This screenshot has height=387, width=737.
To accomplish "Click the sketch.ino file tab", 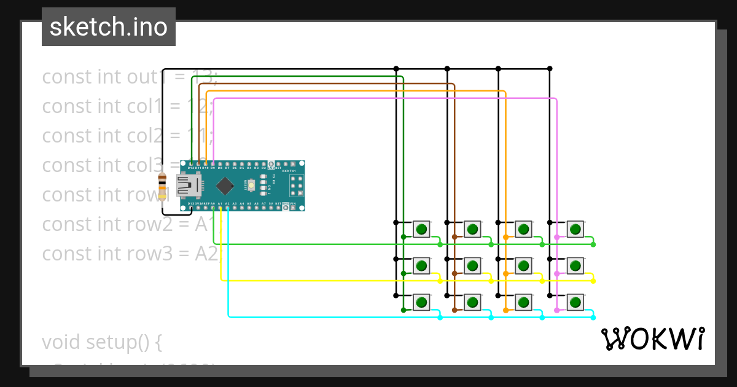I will coord(109,27).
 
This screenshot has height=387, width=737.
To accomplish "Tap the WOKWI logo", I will coord(652,339).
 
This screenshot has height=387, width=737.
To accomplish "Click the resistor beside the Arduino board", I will coord(162,187).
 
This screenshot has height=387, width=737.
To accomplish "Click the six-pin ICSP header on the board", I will coord(296,185).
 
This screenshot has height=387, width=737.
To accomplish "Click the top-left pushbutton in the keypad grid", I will coord(421,230).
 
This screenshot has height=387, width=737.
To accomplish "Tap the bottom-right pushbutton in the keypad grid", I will coord(575,302).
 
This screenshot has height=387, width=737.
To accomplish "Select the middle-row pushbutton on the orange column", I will coord(523,265).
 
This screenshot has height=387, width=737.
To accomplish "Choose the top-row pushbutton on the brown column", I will coord(472,230).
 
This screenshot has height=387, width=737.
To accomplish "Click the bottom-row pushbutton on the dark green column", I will coord(421,302).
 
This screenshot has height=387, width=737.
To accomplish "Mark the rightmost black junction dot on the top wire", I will coord(550,68).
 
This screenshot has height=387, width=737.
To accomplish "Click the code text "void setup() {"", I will coord(101,342).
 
